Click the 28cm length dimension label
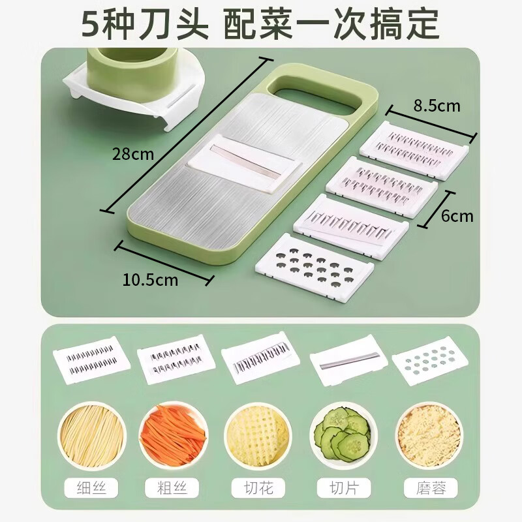[x=132, y=155]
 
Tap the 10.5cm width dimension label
[x=151, y=280]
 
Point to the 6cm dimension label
[x=457, y=216]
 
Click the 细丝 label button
[x=92, y=487]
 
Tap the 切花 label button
[x=257, y=487]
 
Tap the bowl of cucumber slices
[x=341, y=431]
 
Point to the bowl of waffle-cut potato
[x=257, y=431]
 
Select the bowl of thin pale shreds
[x=92, y=431]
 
